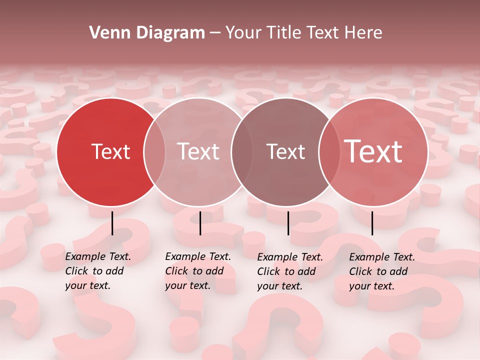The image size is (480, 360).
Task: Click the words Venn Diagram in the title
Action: click(x=147, y=33)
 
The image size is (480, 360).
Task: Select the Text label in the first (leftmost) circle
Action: click(x=110, y=151)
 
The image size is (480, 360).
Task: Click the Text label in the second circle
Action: click(x=198, y=151)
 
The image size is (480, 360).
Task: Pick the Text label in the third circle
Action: click(x=285, y=151)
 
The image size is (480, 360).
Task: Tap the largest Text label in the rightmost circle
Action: click(x=373, y=151)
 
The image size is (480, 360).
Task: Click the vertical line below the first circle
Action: click(x=112, y=223)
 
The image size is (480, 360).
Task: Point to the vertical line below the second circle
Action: click(x=200, y=223)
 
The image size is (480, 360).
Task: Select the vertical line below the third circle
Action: click(x=288, y=223)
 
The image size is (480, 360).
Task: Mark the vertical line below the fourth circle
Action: click(x=372, y=223)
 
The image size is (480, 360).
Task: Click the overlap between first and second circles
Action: click(x=154, y=151)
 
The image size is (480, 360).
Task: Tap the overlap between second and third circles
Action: click(x=241, y=151)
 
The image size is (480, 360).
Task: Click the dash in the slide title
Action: click(x=215, y=33)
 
